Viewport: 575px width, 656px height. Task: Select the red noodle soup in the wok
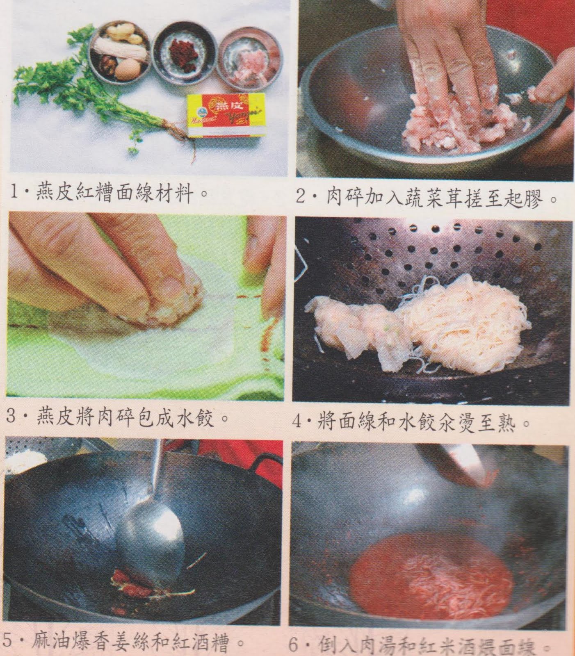(x=431, y=574)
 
